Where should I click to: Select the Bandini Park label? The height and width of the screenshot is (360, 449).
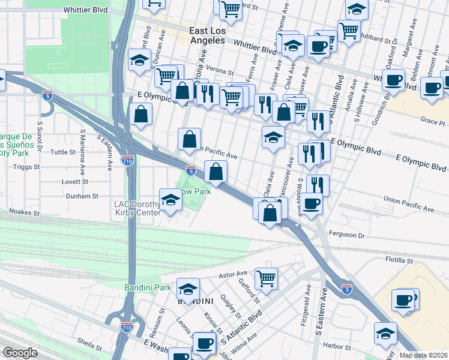point(148,288)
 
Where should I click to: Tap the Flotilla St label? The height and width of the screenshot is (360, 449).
point(399,261)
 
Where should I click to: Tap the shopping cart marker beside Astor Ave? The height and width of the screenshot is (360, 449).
point(266,278)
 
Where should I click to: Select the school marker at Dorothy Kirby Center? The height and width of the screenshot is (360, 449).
point(170,199)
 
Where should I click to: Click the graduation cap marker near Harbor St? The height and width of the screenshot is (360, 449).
point(385,334)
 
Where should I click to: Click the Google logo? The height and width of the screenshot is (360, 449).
point(20,353)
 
